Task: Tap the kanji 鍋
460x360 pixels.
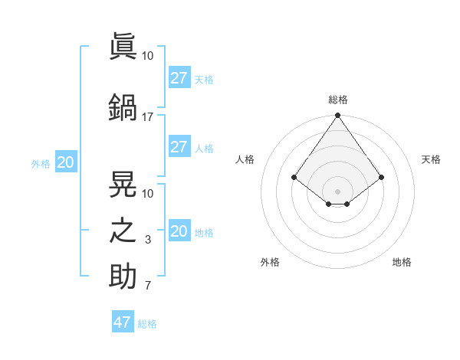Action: (x=123, y=106)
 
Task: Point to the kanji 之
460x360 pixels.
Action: (x=123, y=230)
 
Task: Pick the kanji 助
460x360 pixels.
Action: (x=123, y=276)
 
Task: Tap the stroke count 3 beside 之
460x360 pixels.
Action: (x=147, y=240)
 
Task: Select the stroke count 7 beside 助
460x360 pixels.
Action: (x=147, y=286)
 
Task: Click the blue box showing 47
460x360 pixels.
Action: (x=123, y=322)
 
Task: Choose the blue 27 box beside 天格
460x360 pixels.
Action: (x=179, y=78)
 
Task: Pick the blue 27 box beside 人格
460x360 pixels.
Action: (x=179, y=147)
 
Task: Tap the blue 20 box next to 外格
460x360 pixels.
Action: (x=66, y=162)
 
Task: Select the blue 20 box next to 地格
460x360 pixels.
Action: (x=179, y=231)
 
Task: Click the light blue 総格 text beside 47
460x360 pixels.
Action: (x=148, y=324)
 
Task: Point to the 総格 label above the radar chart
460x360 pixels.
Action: (x=337, y=100)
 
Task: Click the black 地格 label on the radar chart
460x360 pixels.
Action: (x=402, y=262)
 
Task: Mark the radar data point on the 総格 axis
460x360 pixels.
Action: (x=337, y=116)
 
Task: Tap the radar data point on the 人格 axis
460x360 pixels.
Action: (x=294, y=177)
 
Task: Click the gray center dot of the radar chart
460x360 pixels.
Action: (x=337, y=191)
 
